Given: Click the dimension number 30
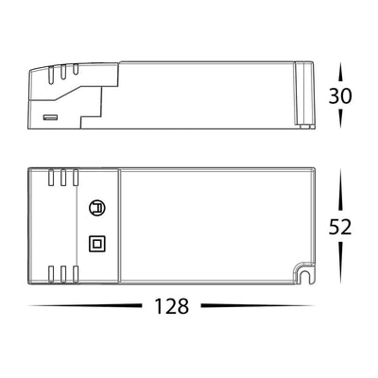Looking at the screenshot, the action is pyautogui.click(x=340, y=95).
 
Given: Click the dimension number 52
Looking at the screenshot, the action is pyautogui.click(x=340, y=227).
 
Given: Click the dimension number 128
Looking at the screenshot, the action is pyautogui.click(x=172, y=306).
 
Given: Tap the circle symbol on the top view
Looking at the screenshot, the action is pyautogui.click(x=97, y=208).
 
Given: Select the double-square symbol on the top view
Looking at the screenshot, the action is pyautogui.click(x=97, y=244).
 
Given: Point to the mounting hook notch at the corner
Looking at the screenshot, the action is pyautogui.click(x=304, y=273).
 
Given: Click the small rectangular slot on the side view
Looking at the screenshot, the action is pyautogui.click(x=50, y=117).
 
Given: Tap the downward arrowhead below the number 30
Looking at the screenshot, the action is pyautogui.click(x=340, y=118).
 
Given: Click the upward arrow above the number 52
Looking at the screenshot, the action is pyautogui.click(x=340, y=190).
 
